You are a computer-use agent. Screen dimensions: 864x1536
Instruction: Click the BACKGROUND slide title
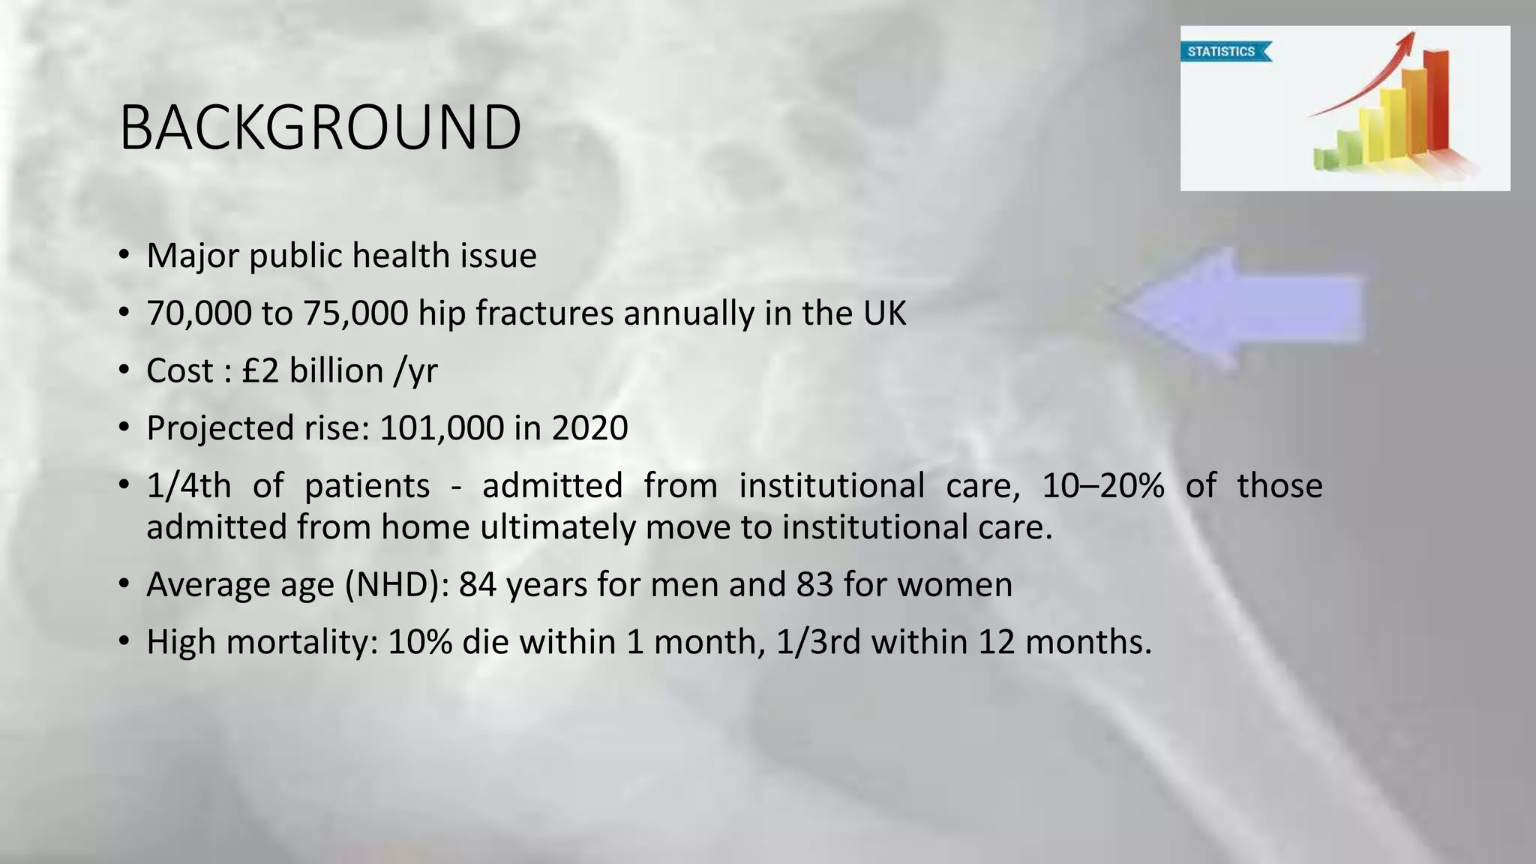320,127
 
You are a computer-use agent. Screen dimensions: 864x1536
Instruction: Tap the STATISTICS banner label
1222,52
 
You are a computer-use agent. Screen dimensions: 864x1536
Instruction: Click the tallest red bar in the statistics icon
1435,101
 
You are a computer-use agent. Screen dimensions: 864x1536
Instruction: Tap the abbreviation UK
884,313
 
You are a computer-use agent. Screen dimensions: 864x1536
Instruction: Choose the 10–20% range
1103,486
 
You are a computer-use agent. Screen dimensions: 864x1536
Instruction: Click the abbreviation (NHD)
397,585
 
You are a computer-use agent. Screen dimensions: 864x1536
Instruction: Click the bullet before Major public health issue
124,256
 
